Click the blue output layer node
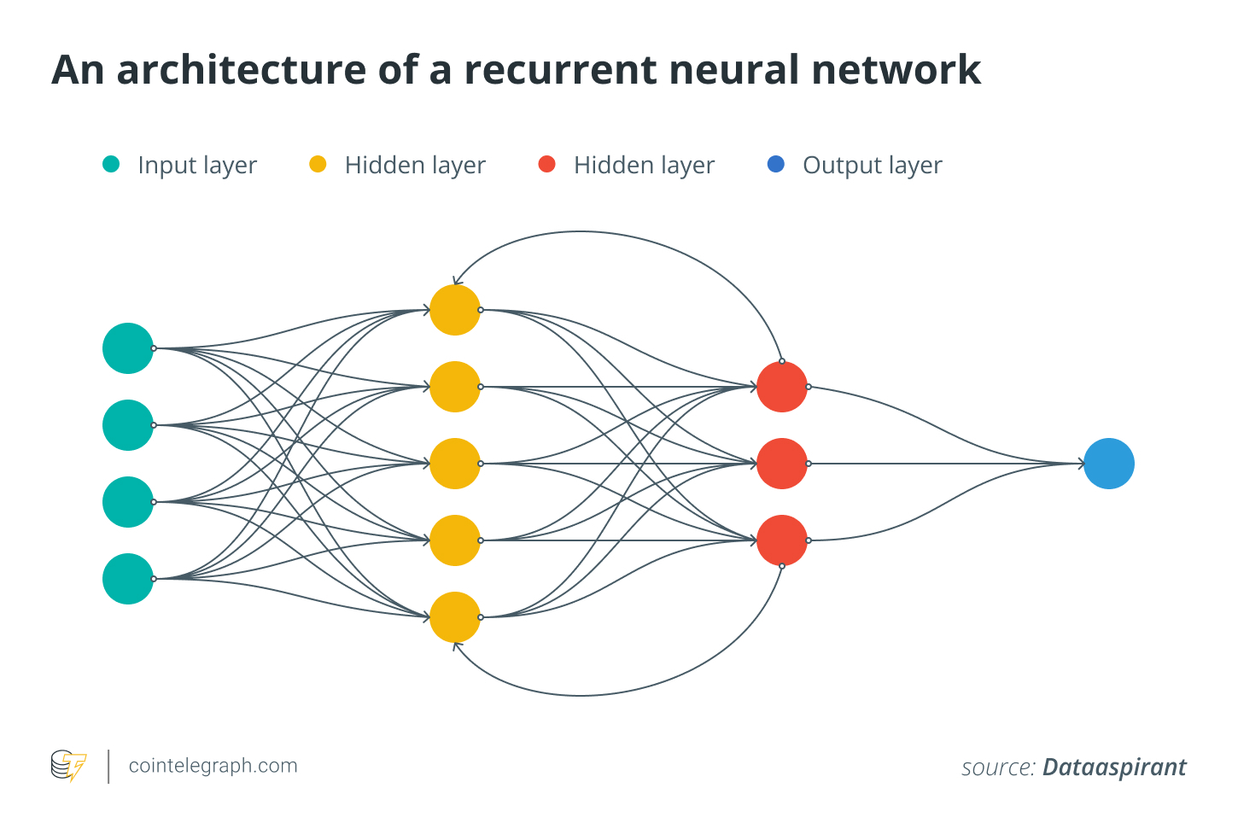[x=1108, y=464]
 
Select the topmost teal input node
[x=128, y=348]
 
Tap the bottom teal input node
[x=128, y=579]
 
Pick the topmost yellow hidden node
[x=454, y=310]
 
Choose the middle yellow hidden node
[x=454, y=464]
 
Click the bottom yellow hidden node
[x=454, y=617]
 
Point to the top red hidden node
[x=781, y=387]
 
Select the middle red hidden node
[x=781, y=464]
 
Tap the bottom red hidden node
[x=781, y=540]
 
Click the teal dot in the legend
[x=111, y=164]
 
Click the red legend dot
[x=547, y=164]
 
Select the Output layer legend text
[x=872, y=165]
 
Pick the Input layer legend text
[x=197, y=165]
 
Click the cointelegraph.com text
[x=213, y=765]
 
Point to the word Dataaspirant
[x=1113, y=767]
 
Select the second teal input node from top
[x=128, y=425]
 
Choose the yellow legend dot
[x=318, y=164]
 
